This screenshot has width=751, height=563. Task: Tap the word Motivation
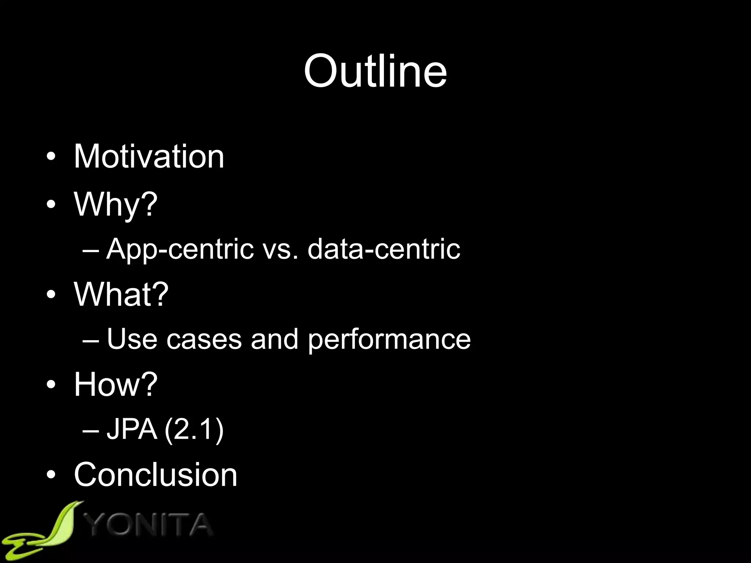[149, 157]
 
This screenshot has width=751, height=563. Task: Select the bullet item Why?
[116, 204]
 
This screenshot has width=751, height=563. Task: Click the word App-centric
[180, 249]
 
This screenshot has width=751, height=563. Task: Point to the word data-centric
[384, 249]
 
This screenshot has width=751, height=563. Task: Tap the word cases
[204, 339]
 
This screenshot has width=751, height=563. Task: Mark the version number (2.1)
[194, 430]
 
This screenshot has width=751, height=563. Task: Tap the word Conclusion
[155, 474]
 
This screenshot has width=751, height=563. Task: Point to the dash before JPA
[91, 430]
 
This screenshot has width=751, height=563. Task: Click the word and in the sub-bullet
[274, 339]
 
